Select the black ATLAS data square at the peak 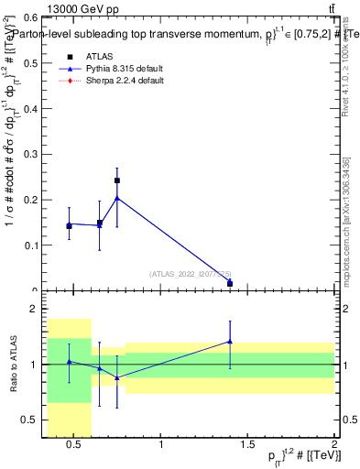116,180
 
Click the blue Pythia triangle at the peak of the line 116,197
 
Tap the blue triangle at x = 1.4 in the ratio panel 230,342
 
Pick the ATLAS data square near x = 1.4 230,284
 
